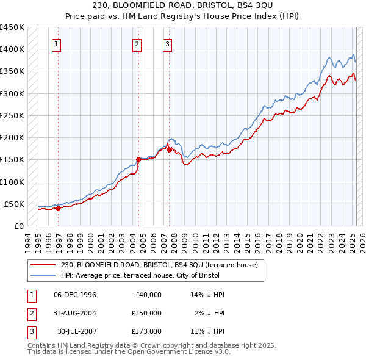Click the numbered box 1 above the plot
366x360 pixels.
point(56,43)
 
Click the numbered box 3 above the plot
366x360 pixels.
point(167,43)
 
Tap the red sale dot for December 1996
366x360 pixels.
point(59,208)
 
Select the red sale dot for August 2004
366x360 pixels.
point(138,159)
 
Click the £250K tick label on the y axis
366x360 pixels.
point(12,115)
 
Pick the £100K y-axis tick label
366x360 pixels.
point(12,182)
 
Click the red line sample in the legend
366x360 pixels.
point(43,265)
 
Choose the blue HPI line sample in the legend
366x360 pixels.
point(43,275)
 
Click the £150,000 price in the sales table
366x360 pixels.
point(146,313)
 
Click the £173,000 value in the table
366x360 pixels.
point(146,331)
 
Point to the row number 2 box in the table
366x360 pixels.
point(31,313)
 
